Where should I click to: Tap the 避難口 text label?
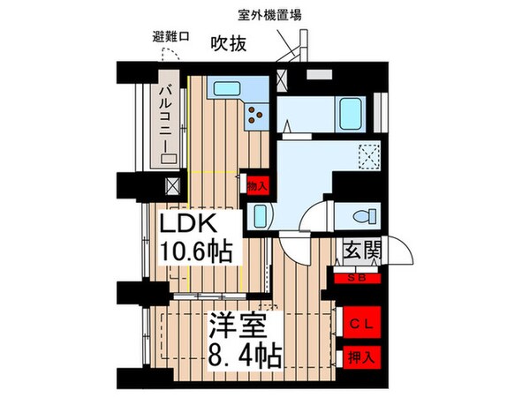(x=170, y=38)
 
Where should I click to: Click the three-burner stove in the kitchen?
(x=257, y=113)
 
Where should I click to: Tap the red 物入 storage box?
(x=257, y=186)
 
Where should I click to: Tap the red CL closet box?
(x=361, y=323)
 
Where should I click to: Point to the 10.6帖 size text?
(x=195, y=252)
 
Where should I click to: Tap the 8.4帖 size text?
(x=245, y=356)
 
